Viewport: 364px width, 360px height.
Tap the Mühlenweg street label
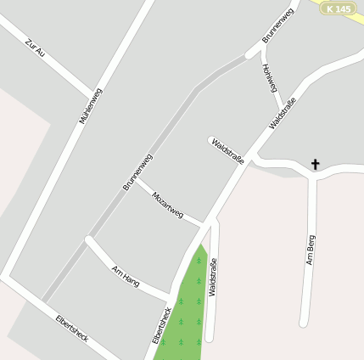91,106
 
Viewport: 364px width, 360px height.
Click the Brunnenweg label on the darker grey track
137,171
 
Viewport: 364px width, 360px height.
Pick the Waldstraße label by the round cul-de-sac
228,149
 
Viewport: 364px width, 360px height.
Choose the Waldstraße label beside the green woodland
212,277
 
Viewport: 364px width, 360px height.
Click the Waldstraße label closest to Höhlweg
283,114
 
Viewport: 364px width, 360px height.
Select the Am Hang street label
125,275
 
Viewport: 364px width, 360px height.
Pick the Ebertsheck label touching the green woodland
160,323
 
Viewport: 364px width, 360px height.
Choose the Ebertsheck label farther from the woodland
71,327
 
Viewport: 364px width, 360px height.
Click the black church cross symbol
316,163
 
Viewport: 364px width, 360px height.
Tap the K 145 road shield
337,8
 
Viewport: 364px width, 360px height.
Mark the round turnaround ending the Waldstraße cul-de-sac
210,139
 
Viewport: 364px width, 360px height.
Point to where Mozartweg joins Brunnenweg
138,181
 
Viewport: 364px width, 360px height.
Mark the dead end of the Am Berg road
304,323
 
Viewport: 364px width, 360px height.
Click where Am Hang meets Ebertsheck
169,296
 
